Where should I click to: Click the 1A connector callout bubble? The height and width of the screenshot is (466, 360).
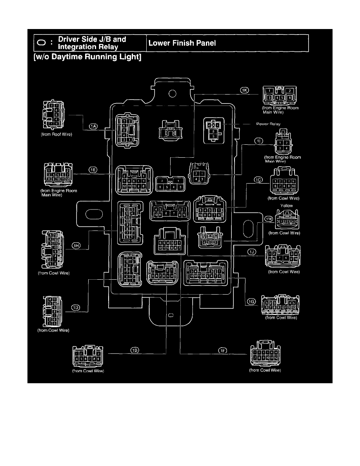point(93,126)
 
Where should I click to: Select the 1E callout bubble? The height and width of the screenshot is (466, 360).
point(93,170)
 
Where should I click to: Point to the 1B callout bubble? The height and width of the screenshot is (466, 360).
point(135,349)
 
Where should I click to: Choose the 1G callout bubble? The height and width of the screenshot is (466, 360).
point(251,301)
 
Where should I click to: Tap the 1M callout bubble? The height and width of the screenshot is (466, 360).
point(268,218)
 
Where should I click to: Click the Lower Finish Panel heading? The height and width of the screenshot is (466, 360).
point(182,43)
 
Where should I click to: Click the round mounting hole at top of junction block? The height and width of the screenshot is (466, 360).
point(171,94)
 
